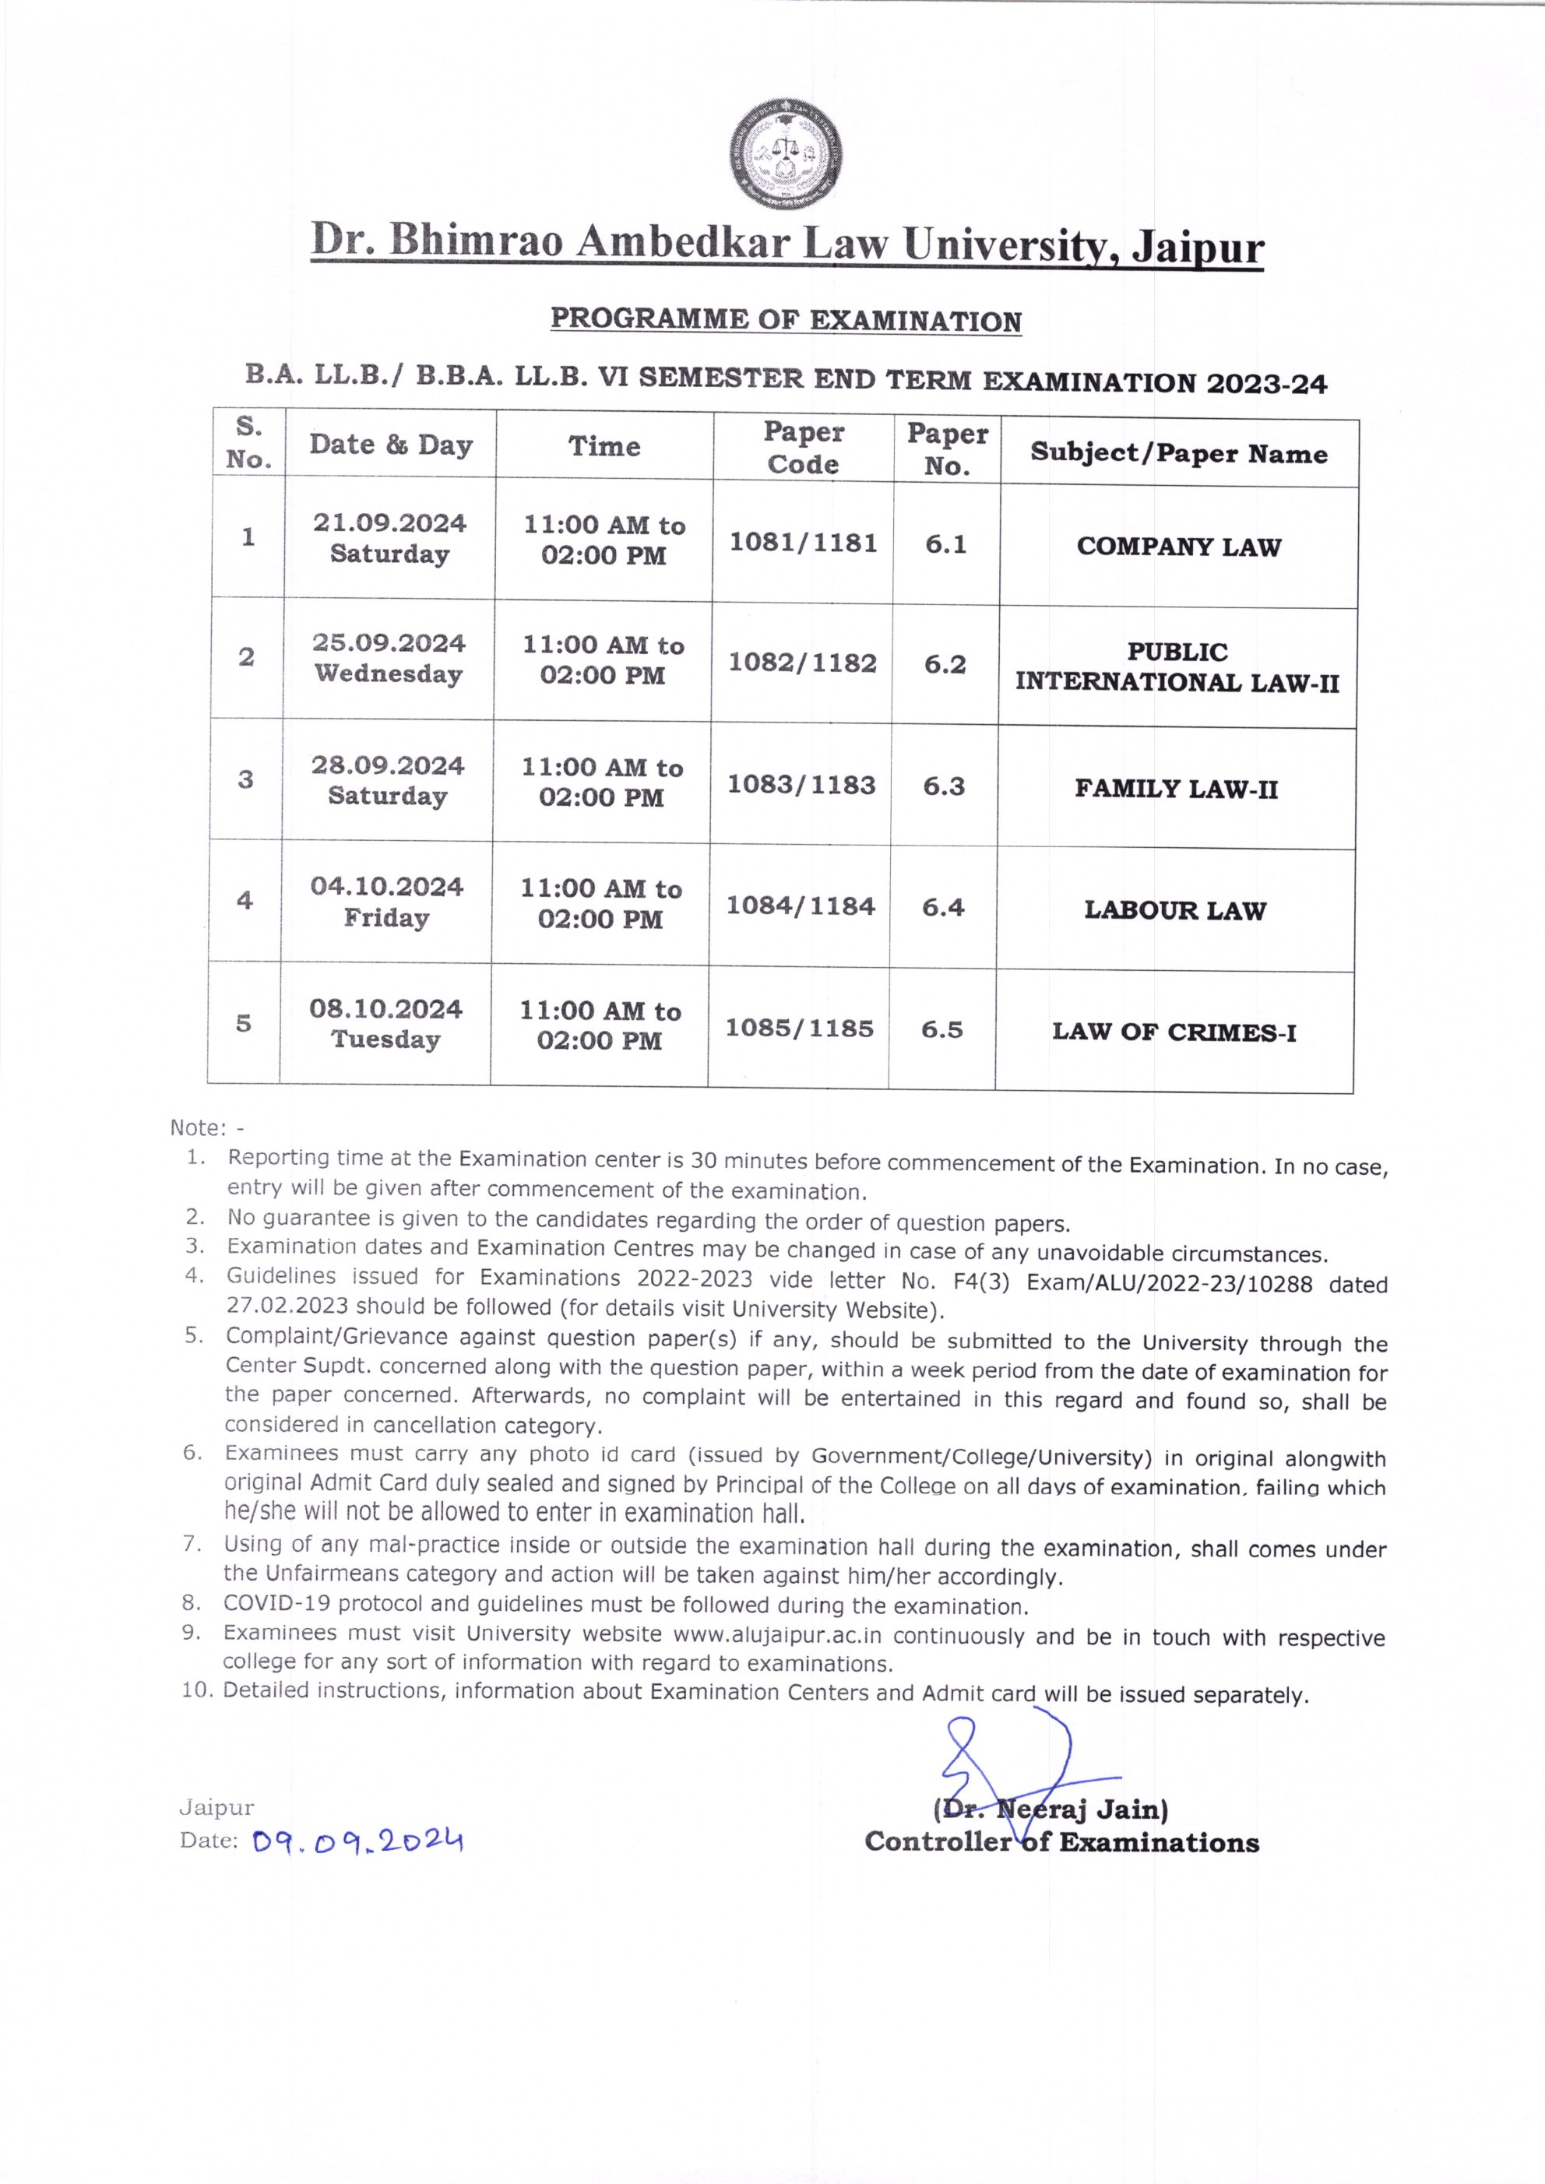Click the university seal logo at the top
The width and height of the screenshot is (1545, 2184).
point(786,155)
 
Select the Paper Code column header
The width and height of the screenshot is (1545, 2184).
point(803,448)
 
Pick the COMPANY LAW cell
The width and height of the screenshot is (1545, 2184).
point(1179,547)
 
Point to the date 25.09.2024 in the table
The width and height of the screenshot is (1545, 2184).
point(389,643)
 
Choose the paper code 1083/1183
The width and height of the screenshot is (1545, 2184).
point(801,785)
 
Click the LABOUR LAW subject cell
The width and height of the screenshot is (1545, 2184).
point(1175,910)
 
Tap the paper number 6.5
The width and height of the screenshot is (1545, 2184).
point(941,1029)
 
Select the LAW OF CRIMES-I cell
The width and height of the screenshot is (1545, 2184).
point(1174,1032)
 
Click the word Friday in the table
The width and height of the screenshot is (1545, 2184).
point(386,918)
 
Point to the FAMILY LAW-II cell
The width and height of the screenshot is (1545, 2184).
point(1176,789)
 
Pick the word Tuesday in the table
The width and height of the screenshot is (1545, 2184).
point(385,1039)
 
